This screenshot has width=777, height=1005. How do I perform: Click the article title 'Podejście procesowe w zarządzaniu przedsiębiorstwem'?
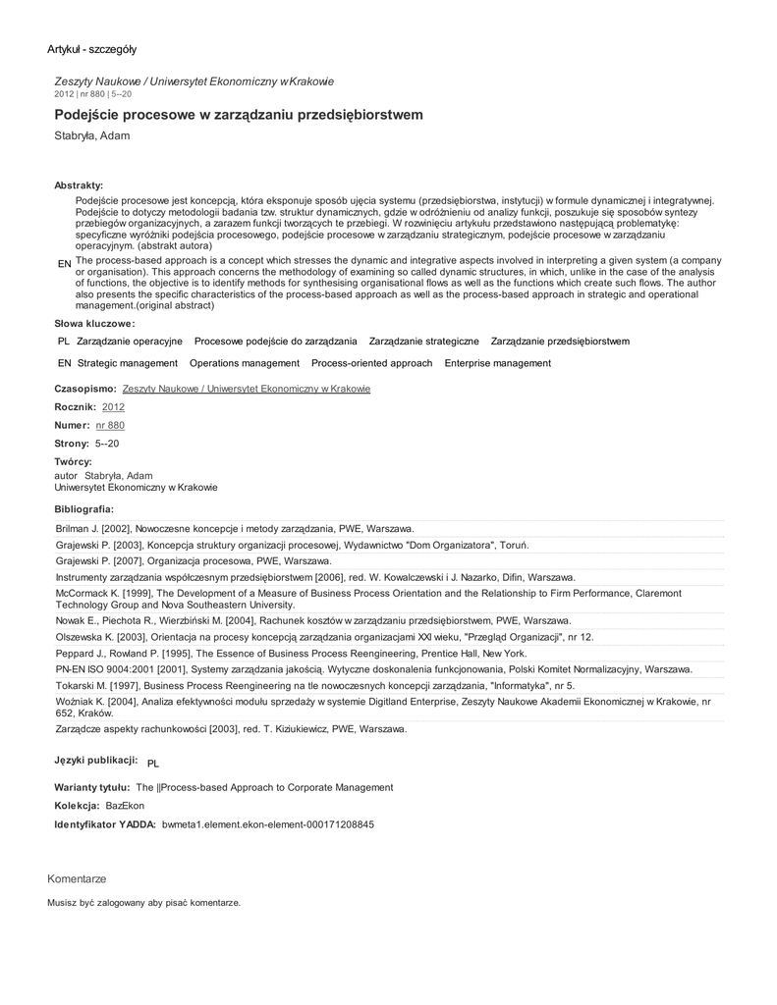coord(239,115)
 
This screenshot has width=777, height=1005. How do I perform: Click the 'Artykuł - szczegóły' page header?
coord(92,49)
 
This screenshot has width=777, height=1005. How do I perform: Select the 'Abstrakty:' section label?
coord(79,185)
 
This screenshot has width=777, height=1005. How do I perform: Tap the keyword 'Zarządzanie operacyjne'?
coord(130,341)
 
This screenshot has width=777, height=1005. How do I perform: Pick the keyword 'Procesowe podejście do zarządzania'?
coord(276,341)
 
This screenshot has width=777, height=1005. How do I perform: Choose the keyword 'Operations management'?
coord(245,363)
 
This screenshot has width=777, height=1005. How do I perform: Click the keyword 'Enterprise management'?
coord(498,363)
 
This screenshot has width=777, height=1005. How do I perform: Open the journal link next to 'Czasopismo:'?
coord(247,389)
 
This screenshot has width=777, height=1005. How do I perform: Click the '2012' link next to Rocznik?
coord(113,406)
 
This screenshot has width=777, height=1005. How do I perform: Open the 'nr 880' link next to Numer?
coord(110,425)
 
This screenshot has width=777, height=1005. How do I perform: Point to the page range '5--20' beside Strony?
coord(106,444)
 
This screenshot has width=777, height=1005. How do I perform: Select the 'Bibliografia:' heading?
coord(84,508)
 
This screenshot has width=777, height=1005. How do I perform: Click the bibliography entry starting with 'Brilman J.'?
coord(235,528)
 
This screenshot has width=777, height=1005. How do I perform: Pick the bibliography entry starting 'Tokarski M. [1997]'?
coord(315,685)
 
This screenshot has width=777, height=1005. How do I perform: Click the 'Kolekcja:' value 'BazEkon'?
coord(125,805)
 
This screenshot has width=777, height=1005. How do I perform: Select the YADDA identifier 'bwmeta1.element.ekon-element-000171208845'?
coord(268,824)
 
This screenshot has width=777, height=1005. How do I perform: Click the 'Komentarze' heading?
coord(77,878)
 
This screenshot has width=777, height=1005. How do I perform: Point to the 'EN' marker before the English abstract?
coord(65,265)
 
